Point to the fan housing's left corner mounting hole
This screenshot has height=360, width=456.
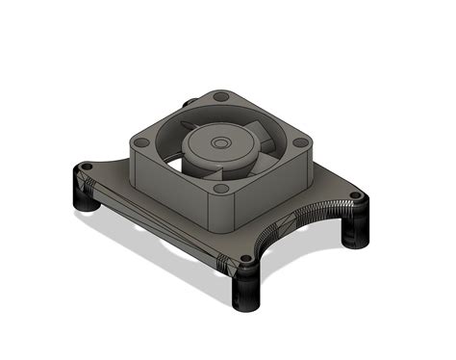[x=140, y=139]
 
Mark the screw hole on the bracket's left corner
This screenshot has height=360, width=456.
[x=85, y=168]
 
